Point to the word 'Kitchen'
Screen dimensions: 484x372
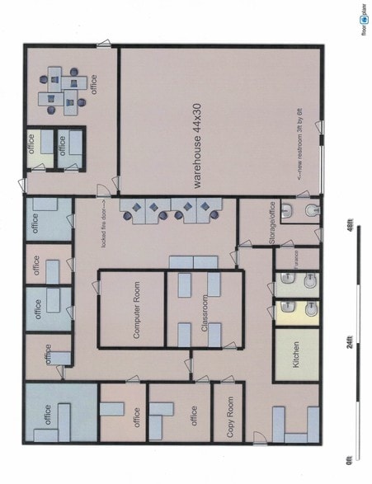[297, 355]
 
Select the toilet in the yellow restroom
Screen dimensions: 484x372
[308, 310]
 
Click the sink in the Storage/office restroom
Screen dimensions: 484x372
[286, 213]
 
